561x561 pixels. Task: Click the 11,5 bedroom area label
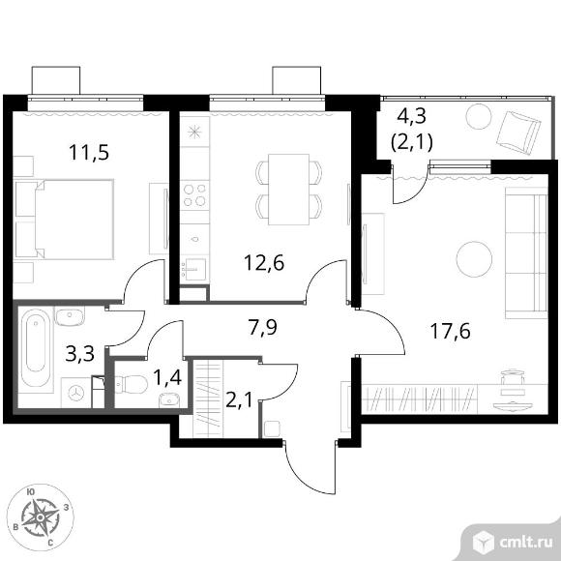coord(89,153)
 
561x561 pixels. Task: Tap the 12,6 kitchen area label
coord(264,263)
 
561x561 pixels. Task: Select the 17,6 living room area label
coord(450,331)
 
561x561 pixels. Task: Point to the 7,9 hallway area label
coord(263,327)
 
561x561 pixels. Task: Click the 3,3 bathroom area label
coord(80,353)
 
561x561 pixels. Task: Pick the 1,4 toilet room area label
coord(167,377)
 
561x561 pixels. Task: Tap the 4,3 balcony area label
coord(412,116)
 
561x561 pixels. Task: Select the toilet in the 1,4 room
coord(132,385)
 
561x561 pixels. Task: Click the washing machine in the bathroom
coord(75,393)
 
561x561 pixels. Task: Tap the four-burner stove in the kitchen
coord(194,195)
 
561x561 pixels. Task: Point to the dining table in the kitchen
coord(289,190)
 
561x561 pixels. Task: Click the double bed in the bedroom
coord(65,219)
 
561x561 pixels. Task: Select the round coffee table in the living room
coord(474,259)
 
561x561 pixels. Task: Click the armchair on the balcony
coord(519,133)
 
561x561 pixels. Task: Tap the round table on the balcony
coord(479,116)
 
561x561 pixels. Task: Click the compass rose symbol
coord(41,517)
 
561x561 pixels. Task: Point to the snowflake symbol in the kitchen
coord(194,132)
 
